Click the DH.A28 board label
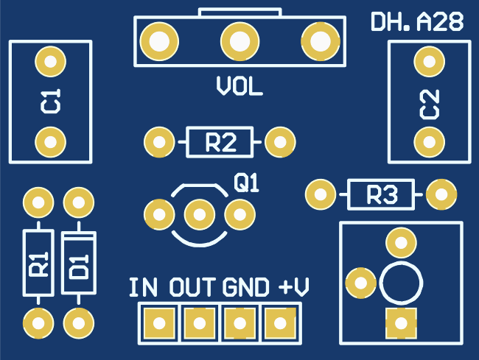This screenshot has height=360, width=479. point(417,23)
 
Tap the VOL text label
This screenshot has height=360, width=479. point(239,87)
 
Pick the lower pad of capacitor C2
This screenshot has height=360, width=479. point(427,141)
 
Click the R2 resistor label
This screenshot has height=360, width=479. point(220,141)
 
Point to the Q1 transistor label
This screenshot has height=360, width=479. point(247,183)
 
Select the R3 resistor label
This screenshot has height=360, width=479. point(382,195)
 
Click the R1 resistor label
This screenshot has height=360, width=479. point(38,263)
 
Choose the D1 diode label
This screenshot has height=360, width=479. point(79,264)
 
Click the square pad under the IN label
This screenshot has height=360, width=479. point(158,322)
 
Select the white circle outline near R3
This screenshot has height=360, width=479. point(401,283)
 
